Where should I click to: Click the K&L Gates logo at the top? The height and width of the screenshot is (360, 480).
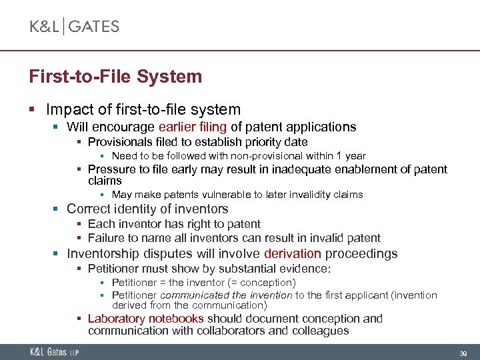point(74,27)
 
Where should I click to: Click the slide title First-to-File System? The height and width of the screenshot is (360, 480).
point(115,76)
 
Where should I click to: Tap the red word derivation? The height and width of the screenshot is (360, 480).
point(293,254)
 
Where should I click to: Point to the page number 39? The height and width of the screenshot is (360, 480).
point(463,352)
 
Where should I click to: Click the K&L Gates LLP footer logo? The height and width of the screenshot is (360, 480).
point(54,351)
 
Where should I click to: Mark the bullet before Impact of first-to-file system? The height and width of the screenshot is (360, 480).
point(41,109)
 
